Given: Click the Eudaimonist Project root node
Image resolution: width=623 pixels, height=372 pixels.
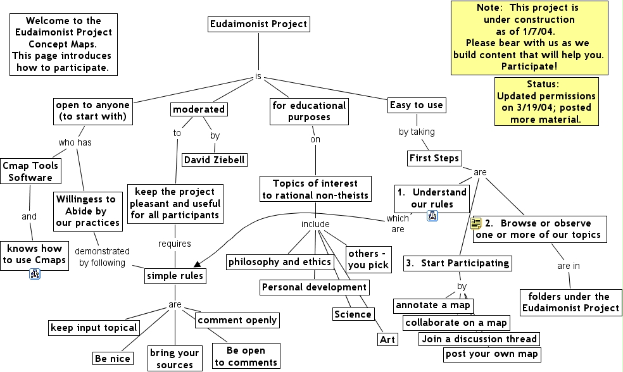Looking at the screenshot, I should (x=258, y=25).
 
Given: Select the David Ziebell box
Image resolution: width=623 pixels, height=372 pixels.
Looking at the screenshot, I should (x=215, y=159).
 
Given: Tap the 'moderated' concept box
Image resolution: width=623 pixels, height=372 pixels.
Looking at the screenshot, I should (x=199, y=109).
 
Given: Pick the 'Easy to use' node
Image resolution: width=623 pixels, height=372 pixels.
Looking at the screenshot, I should (x=416, y=105).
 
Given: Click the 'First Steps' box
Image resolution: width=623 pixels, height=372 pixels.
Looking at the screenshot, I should (x=434, y=158).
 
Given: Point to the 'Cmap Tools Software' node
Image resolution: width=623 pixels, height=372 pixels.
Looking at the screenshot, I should (x=30, y=171).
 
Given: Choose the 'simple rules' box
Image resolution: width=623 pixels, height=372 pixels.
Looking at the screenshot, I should (x=175, y=276).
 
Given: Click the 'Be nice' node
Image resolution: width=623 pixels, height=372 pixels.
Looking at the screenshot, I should (x=113, y=359).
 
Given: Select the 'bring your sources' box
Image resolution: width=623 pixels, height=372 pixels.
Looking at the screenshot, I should (x=174, y=359).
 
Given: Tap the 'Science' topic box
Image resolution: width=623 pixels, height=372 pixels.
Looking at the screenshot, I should (x=353, y=314).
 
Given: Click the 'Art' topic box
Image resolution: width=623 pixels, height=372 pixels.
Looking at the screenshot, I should (x=387, y=340).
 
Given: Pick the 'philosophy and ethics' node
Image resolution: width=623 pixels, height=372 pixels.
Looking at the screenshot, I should (x=280, y=262).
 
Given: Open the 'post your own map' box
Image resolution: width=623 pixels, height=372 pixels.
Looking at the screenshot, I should (x=492, y=354).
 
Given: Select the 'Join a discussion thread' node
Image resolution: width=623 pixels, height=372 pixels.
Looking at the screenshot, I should (x=479, y=338).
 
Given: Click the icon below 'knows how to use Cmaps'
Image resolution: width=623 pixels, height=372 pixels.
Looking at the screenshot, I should (x=35, y=274).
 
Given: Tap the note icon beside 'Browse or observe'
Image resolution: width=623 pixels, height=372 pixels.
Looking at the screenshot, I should (x=476, y=223).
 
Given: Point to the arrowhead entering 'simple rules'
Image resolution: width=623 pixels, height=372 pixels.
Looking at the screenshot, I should (x=198, y=264).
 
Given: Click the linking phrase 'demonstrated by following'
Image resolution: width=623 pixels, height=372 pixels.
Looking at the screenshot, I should (x=102, y=257).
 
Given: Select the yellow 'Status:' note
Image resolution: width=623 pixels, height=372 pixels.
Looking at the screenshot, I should (x=546, y=101).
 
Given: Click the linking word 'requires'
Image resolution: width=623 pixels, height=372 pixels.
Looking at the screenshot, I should (x=174, y=244).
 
